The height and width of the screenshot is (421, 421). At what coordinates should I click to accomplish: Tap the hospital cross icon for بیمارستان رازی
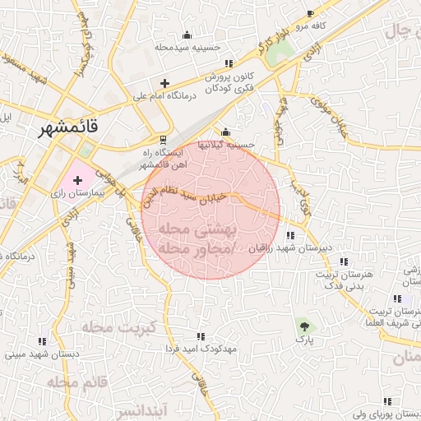click(77, 179)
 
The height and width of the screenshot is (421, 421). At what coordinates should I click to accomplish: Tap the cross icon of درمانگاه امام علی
click(165, 83)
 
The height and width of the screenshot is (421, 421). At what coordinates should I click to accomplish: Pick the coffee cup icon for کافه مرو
click(310, 14)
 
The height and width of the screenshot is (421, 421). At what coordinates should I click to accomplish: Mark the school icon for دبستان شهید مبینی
click(42, 341)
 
